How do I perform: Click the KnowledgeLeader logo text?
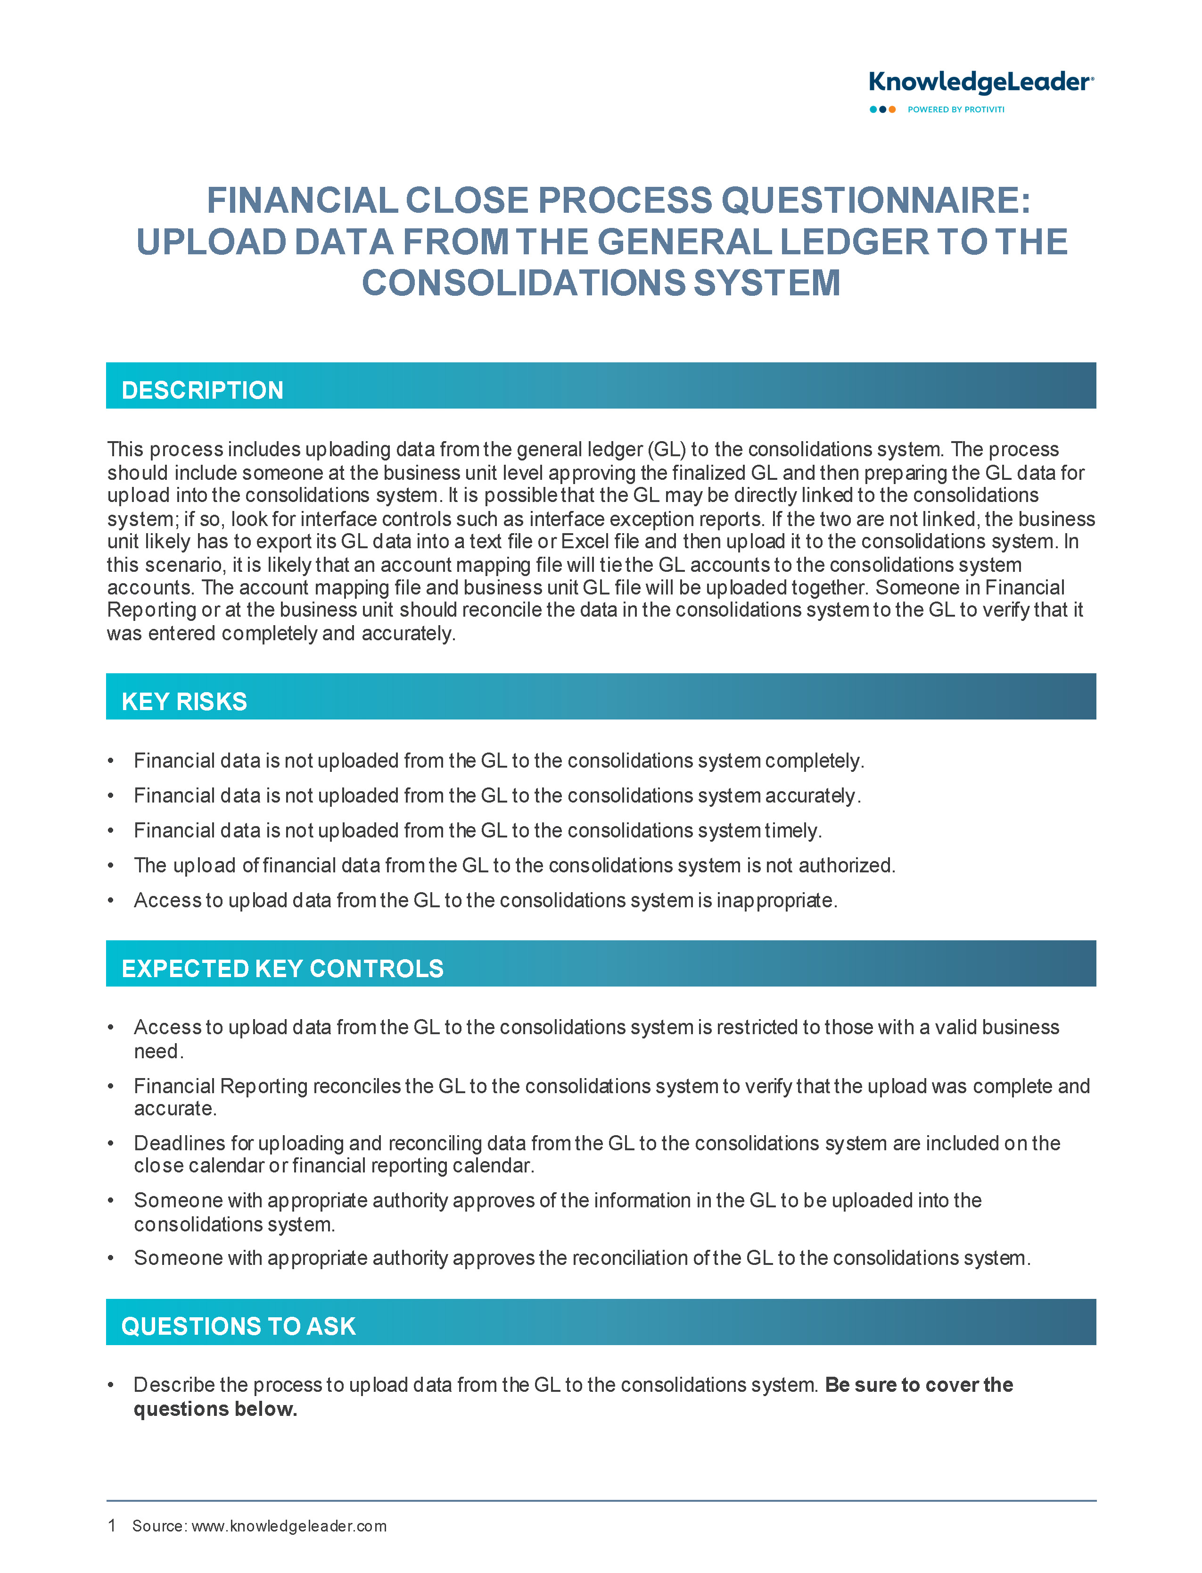pos(980,83)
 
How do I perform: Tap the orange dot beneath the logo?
pos(892,109)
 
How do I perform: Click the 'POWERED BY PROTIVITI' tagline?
pos(956,109)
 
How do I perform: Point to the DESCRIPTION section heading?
pos(203,390)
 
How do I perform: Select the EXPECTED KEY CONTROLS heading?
pos(283,969)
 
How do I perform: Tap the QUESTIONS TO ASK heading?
pos(238,1326)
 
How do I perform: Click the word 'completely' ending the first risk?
pos(814,761)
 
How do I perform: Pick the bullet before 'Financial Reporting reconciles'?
pos(111,1086)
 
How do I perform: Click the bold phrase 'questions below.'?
pos(215,1409)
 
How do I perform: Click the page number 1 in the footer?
pos(112,1526)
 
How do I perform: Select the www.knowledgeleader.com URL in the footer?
pos(289,1526)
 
